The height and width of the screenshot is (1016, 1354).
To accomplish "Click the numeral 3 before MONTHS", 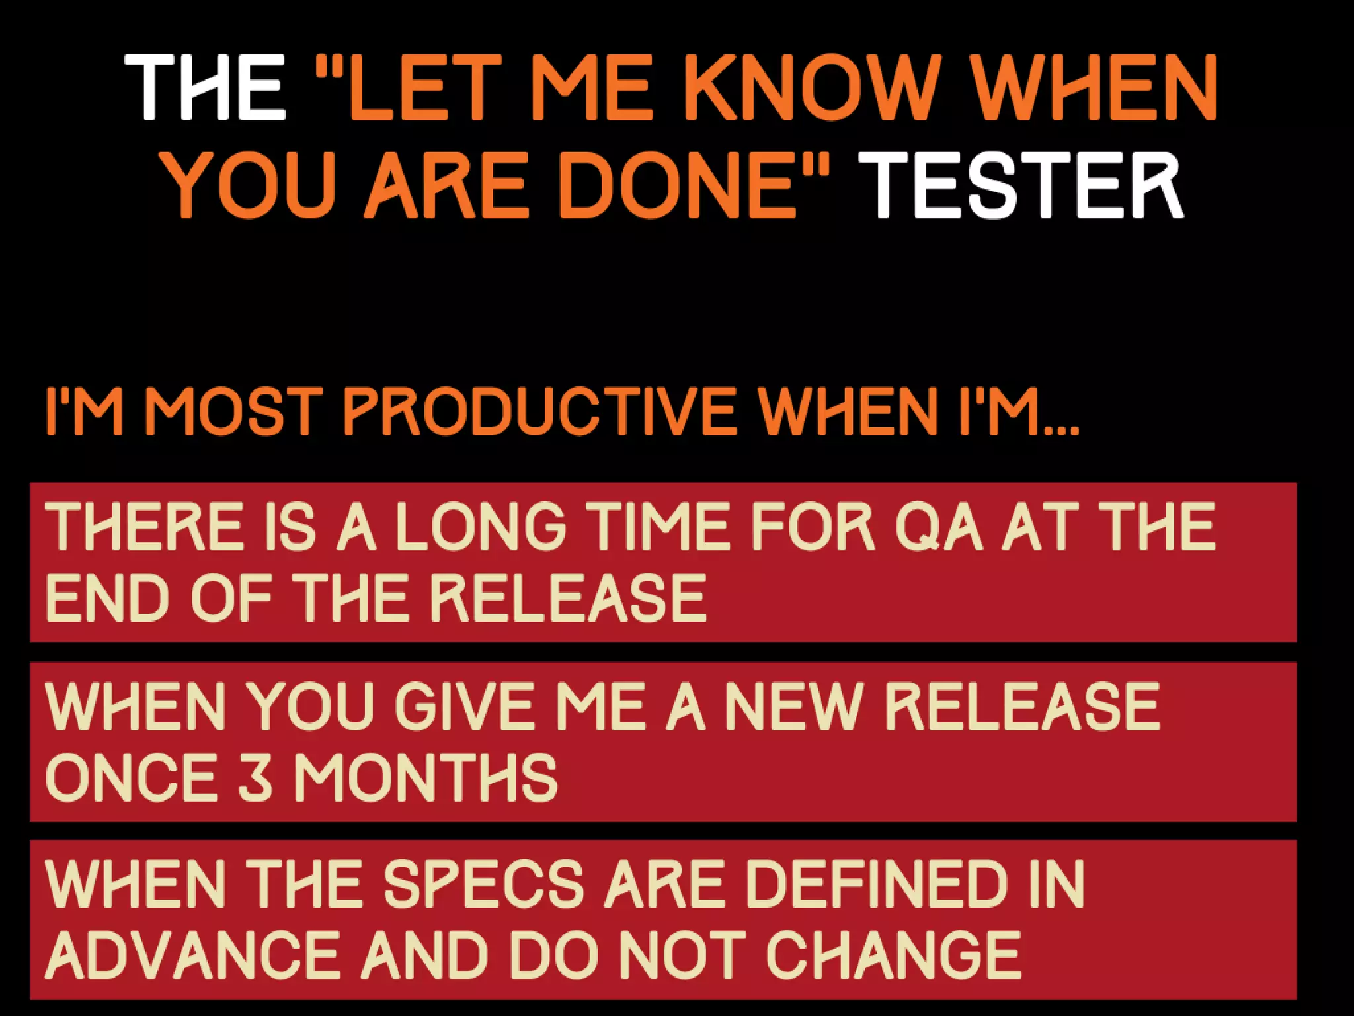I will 255,777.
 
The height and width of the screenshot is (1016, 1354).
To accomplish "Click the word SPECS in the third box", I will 483,884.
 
